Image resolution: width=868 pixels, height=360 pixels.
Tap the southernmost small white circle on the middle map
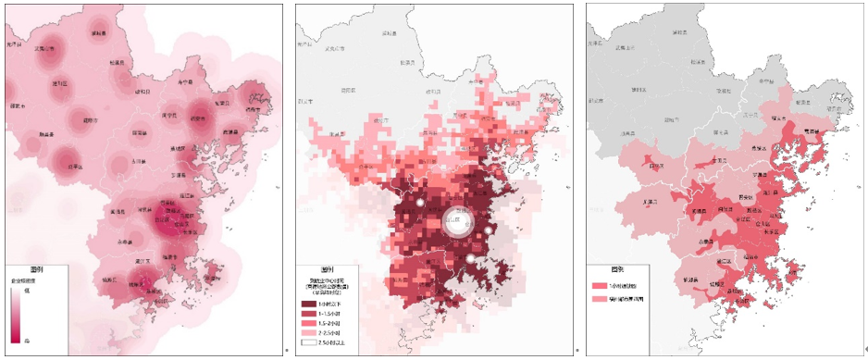pyautogui.click(x=470, y=259)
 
